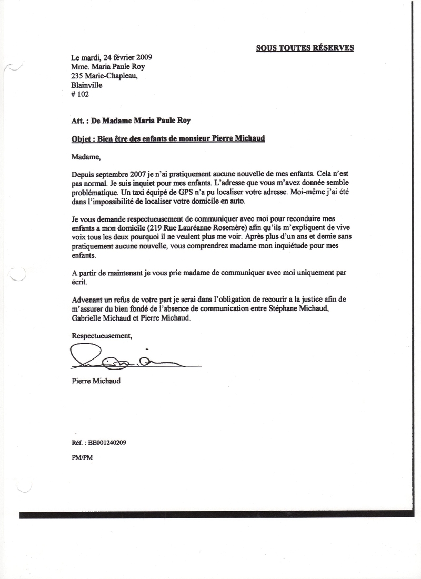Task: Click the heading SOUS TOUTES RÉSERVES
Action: (x=305, y=48)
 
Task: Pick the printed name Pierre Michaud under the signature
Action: (x=95, y=380)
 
